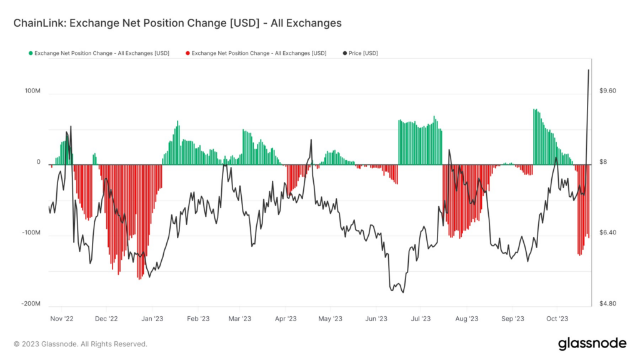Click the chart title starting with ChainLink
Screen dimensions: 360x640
click(177, 23)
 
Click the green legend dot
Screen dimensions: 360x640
click(30, 53)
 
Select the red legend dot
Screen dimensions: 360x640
click(187, 53)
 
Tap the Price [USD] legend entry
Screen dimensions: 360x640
click(363, 53)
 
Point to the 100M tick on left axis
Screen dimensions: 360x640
click(32, 91)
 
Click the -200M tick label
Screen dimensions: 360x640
click(31, 304)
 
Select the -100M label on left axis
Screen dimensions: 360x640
click(31, 232)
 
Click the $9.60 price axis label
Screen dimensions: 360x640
click(607, 91)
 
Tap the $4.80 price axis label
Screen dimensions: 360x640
click(607, 304)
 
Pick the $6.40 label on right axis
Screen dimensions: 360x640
click(607, 232)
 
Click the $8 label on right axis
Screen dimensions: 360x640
click(604, 162)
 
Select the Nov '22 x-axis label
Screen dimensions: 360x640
click(61, 318)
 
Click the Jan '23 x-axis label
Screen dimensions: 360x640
click(152, 318)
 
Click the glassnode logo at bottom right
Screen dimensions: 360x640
click(592, 343)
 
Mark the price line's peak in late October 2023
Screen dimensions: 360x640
click(589, 70)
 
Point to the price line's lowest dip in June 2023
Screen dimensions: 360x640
click(402, 292)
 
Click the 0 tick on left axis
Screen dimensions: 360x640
click(38, 162)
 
